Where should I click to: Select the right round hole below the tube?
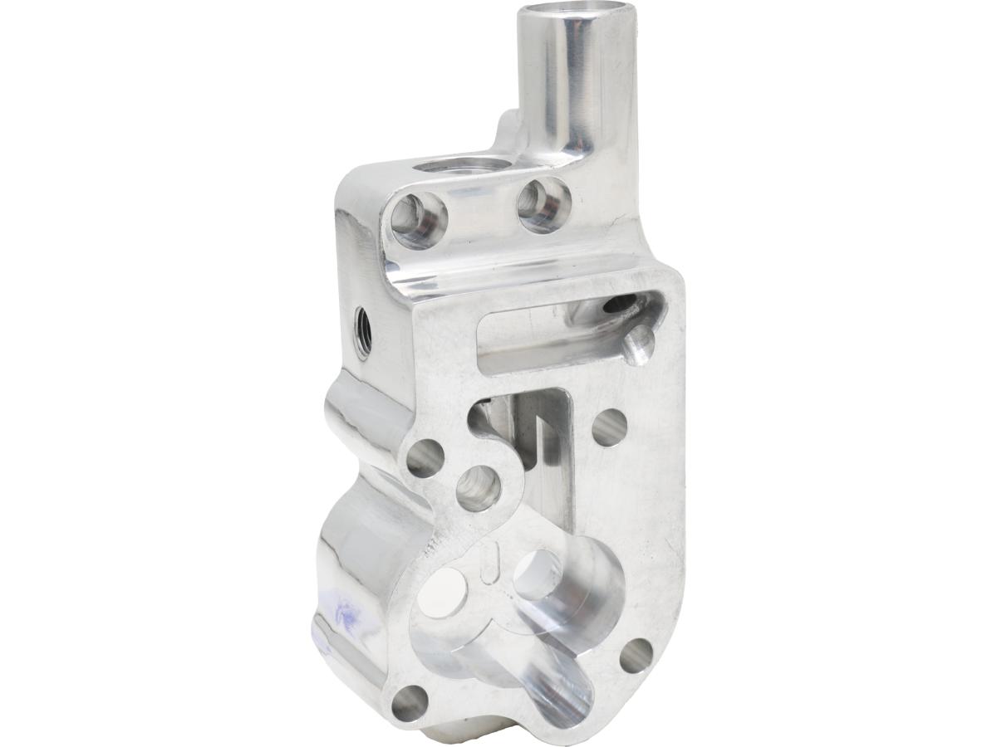click(x=544, y=203)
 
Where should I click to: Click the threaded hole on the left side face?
click(x=362, y=330)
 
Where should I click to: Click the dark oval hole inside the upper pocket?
click(x=619, y=304)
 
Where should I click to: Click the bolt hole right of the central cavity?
click(x=609, y=427)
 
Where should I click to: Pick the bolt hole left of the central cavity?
click(x=425, y=458)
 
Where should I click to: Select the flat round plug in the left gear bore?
click(x=441, y=593)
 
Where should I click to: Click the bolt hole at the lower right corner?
click(x=636, y=656)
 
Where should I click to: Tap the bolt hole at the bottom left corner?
click(x=409, y=703)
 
